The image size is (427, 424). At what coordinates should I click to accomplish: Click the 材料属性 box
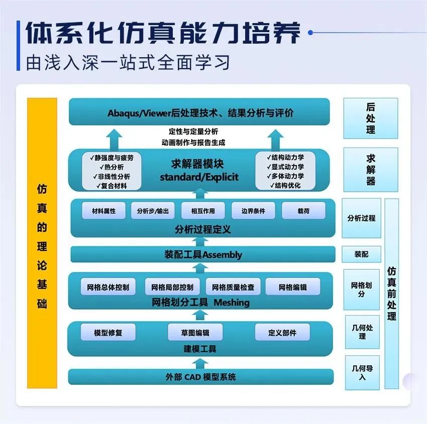104,211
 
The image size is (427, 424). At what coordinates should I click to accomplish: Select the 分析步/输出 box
153,211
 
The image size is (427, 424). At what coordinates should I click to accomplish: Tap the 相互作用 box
203,211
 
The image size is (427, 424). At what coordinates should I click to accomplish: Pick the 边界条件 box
253,211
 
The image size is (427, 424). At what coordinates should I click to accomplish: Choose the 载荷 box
303,211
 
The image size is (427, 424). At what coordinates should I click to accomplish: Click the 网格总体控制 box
108,287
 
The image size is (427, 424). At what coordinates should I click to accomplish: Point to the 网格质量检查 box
233,287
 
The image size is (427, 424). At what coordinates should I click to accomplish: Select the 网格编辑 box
293,287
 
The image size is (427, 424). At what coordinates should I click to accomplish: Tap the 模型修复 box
108,332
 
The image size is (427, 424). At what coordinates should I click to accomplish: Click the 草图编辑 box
195,332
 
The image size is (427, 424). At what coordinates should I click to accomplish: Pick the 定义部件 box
282,332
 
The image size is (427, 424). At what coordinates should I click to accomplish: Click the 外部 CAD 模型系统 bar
201,377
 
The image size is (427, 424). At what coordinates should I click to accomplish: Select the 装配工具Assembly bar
203,254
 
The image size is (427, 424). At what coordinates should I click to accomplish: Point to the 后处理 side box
371,118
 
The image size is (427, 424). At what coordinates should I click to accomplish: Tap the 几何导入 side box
362,373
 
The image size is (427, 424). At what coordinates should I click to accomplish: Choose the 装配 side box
361,254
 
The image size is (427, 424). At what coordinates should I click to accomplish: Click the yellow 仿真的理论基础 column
42,243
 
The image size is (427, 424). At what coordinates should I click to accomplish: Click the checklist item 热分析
112,167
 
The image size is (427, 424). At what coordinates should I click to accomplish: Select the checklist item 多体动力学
285,176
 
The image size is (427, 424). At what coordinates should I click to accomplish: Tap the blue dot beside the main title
310,33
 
